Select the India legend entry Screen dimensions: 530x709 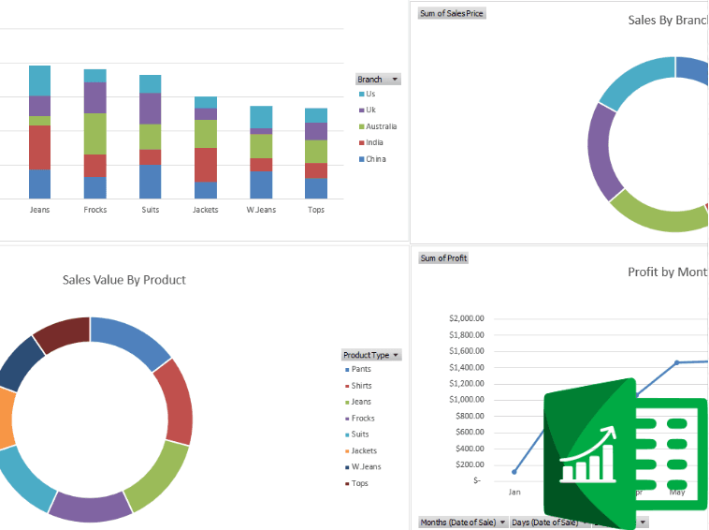[x=373, y=142]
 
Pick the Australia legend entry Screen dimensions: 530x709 [x=380, y=126]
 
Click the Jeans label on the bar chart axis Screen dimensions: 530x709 [x=39, y=210]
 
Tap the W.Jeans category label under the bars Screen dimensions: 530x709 [x=261, y=210]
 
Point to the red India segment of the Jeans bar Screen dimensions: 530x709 [x=39, y=147]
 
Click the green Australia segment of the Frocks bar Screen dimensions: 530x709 [x=95, y=134]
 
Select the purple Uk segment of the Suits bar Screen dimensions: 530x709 [x=150, y=109]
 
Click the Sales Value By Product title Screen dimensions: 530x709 [x=124, y=279]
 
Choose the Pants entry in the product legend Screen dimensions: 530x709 [x=360, y=370]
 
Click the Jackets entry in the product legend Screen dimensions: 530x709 [x=363, y=450]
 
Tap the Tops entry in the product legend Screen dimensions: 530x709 [x=359, y=483]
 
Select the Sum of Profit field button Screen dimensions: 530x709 [x=443, y=258]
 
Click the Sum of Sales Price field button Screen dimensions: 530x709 [x=452, y=13]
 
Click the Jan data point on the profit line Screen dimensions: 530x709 [x=514, y=471]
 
